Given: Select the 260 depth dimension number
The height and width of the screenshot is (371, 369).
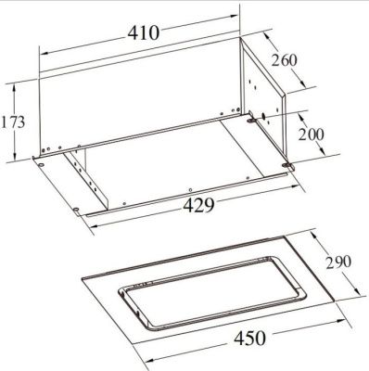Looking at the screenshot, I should [x=285, y=63].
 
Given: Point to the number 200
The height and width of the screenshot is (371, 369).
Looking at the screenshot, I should [x=311, y=134].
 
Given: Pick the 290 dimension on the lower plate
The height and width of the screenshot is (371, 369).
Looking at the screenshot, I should [x=337, y=263].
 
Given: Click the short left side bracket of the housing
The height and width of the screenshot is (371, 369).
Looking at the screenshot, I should [x=88, y=176].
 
